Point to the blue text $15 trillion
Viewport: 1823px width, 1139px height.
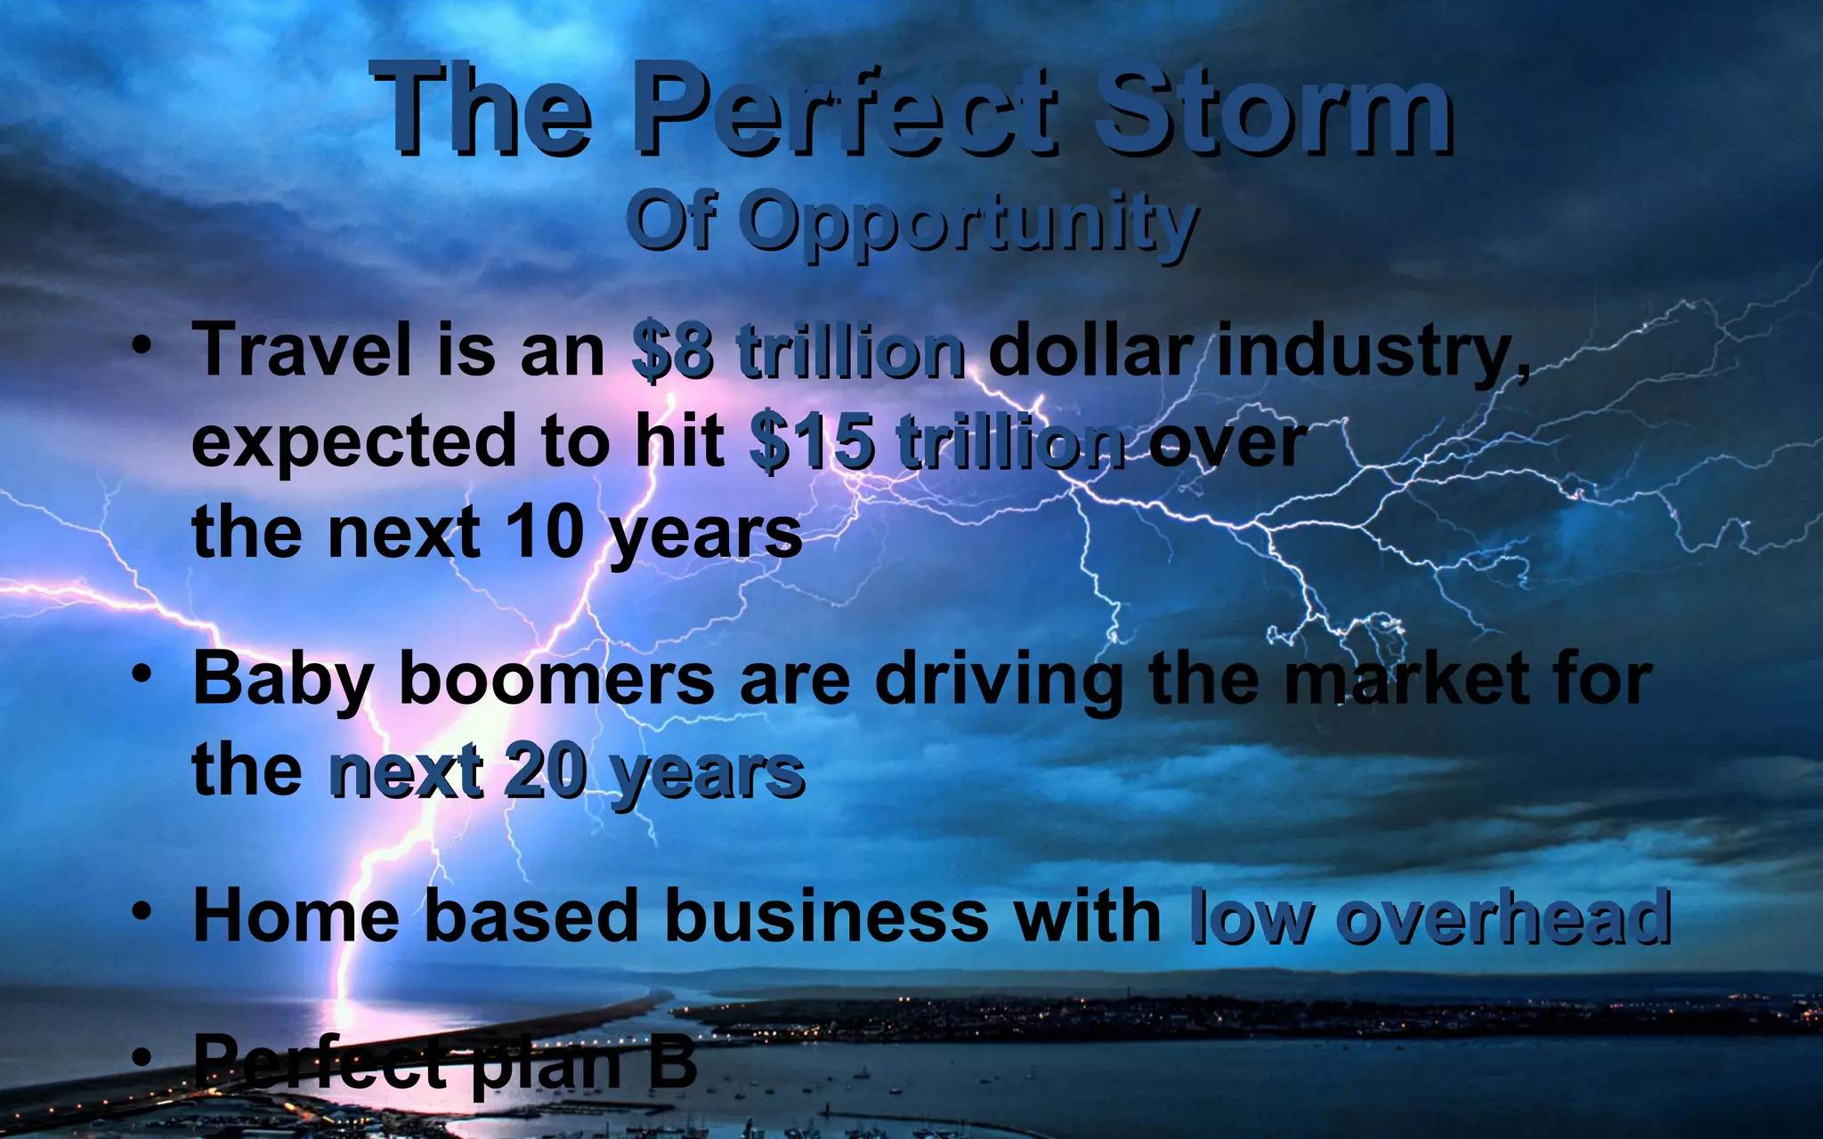point(936,443)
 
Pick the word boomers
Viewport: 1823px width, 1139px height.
point(556,680)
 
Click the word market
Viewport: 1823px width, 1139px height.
point(1406,680)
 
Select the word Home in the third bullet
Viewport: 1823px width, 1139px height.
point(296,916)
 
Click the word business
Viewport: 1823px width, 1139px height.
point(826,916)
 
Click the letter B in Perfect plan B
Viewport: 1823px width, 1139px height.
point(672,1061)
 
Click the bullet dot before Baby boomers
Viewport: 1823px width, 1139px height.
point(142,675)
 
